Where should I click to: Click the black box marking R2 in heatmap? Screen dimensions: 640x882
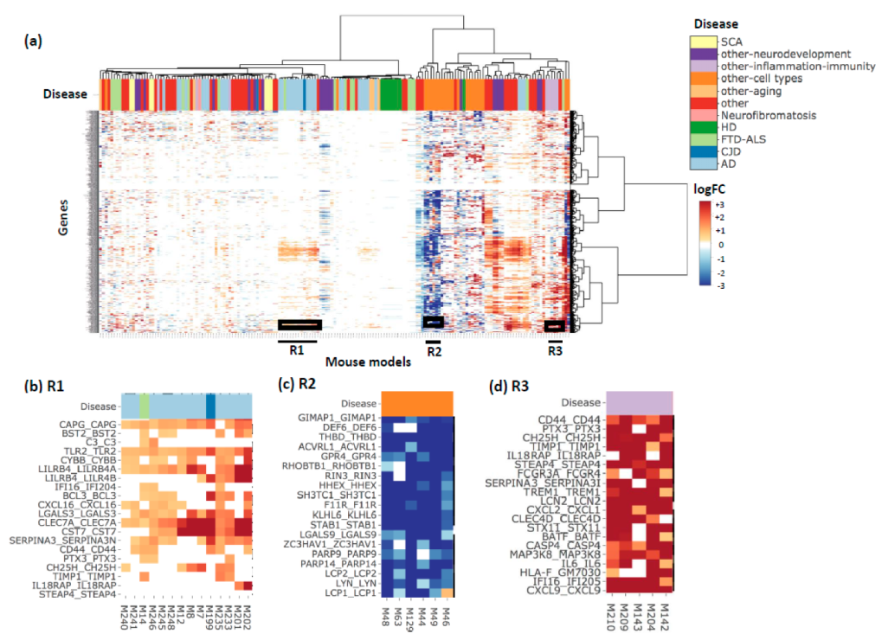pos(433,322)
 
